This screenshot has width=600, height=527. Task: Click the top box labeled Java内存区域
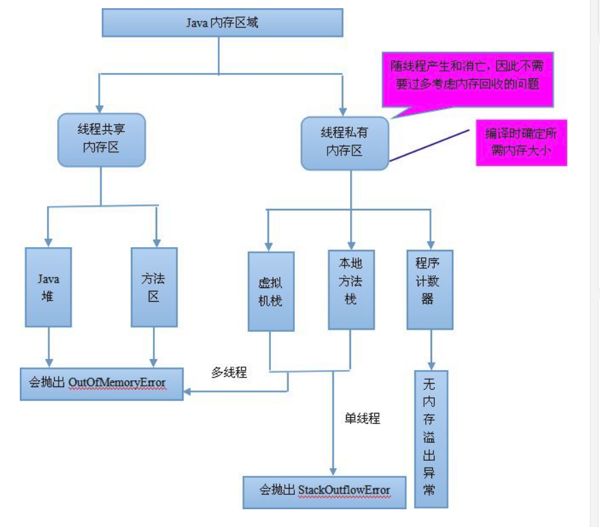point(222,23)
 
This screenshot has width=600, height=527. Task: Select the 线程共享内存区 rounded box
point(101,139)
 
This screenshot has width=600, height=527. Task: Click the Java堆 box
point(48,287)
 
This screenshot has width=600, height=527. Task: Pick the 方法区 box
point(154,287)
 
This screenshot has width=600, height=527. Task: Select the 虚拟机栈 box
point(271,291)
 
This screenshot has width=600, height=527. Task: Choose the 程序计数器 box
point(429,289)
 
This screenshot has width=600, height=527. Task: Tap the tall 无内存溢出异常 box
point(431,438)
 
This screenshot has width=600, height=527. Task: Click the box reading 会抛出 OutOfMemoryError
point(102,383)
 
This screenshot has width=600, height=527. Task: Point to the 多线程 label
point(229,373)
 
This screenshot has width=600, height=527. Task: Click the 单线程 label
point(362,418)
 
